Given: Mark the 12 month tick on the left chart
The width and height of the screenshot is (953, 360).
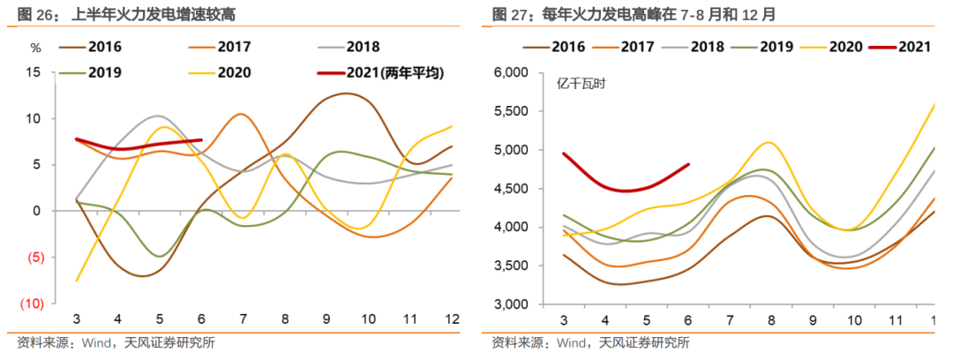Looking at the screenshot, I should coord(450,319).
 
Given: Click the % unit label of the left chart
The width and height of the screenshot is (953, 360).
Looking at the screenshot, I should coord(35,48).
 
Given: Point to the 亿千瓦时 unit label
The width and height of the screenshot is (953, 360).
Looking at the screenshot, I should coord(581,85).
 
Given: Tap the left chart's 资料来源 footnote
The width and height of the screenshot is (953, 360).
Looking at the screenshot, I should coord(115,343).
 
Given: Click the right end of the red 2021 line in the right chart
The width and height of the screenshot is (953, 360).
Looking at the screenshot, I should coord(687,164).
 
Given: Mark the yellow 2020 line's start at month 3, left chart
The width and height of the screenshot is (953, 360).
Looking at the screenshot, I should coord(77,281).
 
